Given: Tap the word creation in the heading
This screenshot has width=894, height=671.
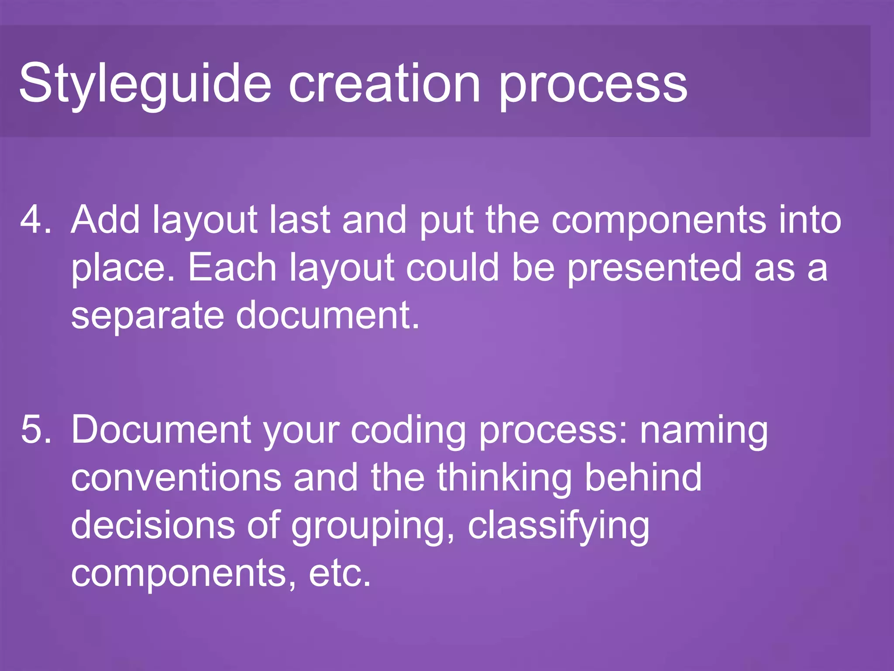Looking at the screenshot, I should [384, 83].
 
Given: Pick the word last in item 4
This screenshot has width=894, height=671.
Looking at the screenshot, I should [299, 219].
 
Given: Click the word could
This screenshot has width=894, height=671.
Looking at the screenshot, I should [452, 267].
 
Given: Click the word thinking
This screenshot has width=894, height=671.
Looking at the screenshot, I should [504, 477].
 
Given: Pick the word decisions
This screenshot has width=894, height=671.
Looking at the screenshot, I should [153, 526].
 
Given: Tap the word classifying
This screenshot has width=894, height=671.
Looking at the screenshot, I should [559, 526].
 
